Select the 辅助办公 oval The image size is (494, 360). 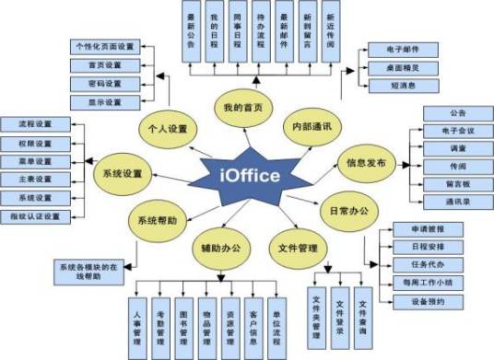pos(220,247)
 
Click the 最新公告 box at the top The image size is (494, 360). pos(191,34)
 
